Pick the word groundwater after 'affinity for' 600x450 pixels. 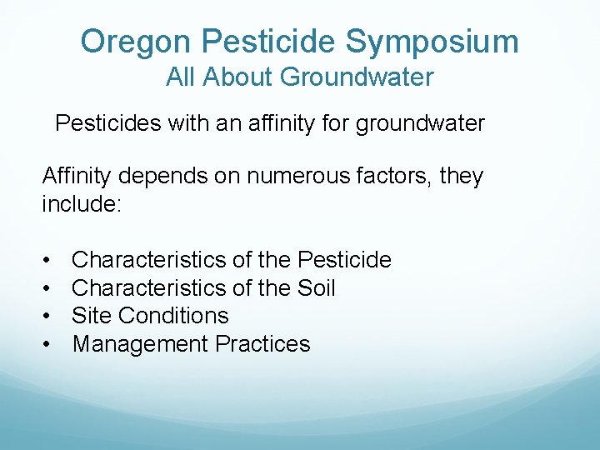click(x=420, y=124)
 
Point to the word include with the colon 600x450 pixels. click(x=82, y=204)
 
